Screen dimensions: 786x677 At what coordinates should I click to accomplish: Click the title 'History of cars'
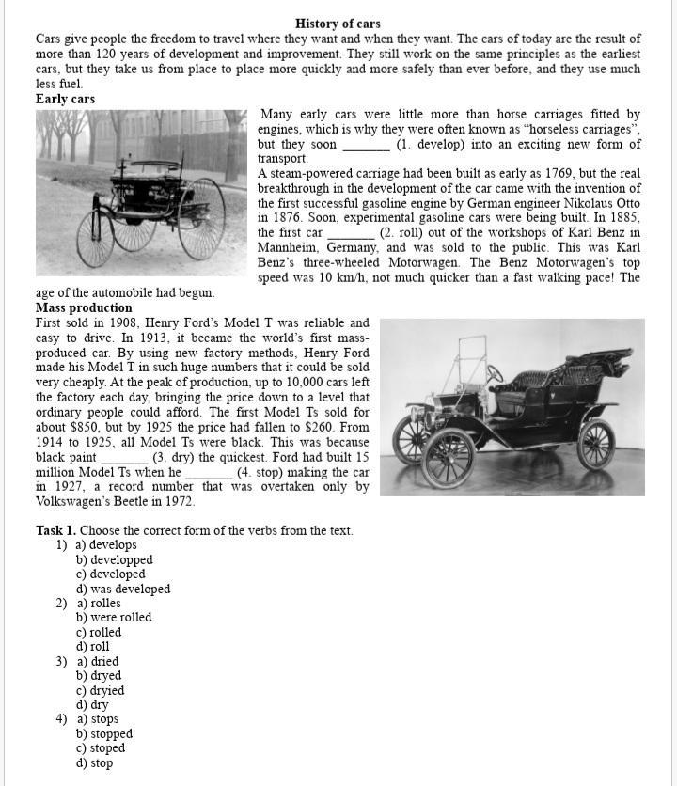pyautogui.click(x=338, y=24)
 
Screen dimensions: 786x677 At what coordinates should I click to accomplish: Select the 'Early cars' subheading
pyautogui.click(x=65, y=99)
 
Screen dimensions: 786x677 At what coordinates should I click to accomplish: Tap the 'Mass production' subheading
pyautogui.click(x=84, y=307)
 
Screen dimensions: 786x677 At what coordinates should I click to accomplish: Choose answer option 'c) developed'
pyautogui.click(x=110, y=574)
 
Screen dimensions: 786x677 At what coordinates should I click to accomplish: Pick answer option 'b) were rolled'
pyautogui.click(x=114, y=618)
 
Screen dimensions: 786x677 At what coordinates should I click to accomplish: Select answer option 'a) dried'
pyautogui.click(x=98, y=661)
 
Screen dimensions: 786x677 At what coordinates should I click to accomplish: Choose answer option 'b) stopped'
pyautogui.click(x=104, y=734)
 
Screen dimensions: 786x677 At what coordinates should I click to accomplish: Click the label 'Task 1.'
pyautogui.click(x=55, y=531)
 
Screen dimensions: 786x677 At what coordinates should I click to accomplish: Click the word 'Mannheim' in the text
pyautogui.click(x=289, y=247)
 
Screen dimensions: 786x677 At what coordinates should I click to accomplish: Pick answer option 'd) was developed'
pyautogui.click(x=123, y=589)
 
